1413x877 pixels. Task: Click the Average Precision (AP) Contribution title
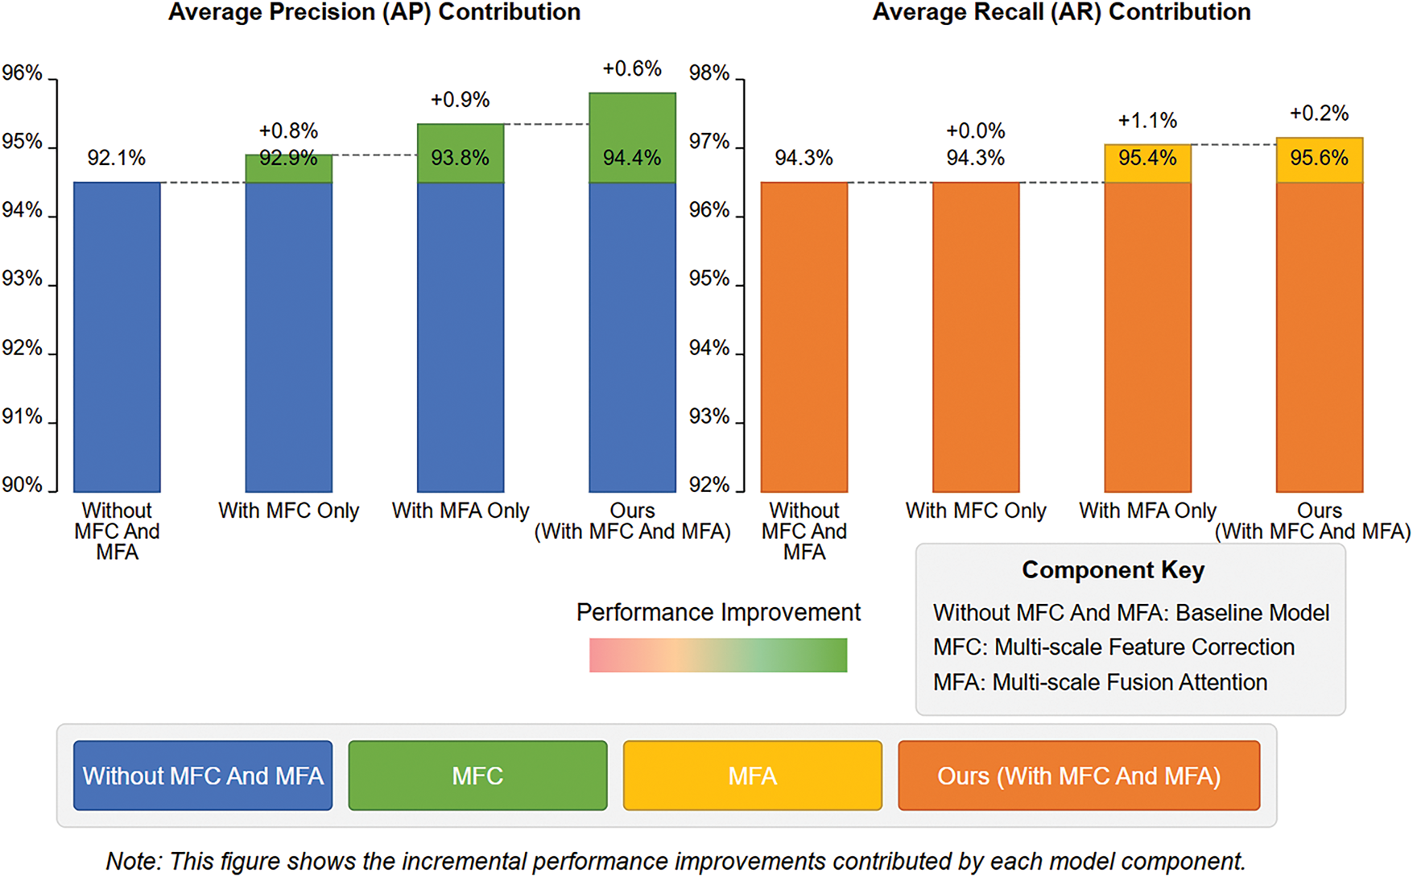(x=374, y=13)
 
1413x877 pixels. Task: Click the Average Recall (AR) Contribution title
(x=1061, y=13)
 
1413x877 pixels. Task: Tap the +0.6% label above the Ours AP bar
(x=632, y=69)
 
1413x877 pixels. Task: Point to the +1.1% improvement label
(x=1147, y=121)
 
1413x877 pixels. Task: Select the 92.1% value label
(x=117, y=158)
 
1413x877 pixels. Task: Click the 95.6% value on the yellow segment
(x=1319, y=158)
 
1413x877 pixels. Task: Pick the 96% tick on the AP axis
(x=23, y=73)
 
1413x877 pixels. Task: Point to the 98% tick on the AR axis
(x=709, y=73)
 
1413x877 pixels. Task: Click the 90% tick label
(x=23, y=485)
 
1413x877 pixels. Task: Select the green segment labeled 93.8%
(x=461, y=153)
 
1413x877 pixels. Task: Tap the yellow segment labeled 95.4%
(x=1147, y=163)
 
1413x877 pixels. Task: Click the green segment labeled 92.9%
(x=288, y=168)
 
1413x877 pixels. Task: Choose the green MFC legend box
(x=477, y=776)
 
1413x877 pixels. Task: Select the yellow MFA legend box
(x=752, y=776)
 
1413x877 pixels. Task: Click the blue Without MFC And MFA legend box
(x=203, y=776)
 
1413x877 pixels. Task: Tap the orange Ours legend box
(x=1079, y=776)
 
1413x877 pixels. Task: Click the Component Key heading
(x=1113, y=570)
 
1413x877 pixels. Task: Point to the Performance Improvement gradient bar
(x=717, y=655)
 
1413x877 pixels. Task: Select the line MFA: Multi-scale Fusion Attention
(x=1100, y=682)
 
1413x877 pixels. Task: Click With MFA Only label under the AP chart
(x=461, y=511)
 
